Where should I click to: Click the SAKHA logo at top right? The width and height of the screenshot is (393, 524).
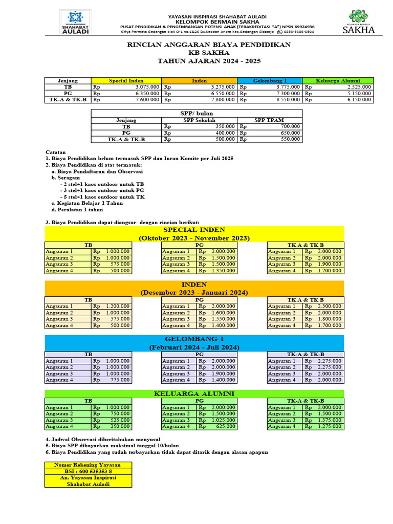[358, 23]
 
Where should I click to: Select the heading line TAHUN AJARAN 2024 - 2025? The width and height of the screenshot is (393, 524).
[209, 61]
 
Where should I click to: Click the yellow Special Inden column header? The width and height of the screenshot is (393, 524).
[126, 81]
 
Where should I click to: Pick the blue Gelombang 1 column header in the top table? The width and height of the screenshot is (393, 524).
[270, 81]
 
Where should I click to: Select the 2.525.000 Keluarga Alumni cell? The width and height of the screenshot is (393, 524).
[357, 87]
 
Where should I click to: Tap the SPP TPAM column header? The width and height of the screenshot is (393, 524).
[270, 120]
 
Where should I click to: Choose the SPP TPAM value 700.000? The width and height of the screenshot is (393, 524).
[290, 126]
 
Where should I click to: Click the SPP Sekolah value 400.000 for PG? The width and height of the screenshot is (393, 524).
[225, 133]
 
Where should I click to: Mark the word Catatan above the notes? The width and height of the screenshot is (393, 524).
[56, 152]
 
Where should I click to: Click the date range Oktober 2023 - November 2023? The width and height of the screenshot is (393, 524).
[194, 238]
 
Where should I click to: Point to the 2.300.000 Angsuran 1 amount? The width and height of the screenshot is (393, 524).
[329, 306]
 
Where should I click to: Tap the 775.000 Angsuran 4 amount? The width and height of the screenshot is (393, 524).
[120, 380]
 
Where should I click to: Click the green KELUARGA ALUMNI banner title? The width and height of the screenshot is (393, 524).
[194, 394]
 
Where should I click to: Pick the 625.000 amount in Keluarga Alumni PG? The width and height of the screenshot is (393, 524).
[225, 426]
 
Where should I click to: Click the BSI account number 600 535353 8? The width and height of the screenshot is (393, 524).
[88, 471]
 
